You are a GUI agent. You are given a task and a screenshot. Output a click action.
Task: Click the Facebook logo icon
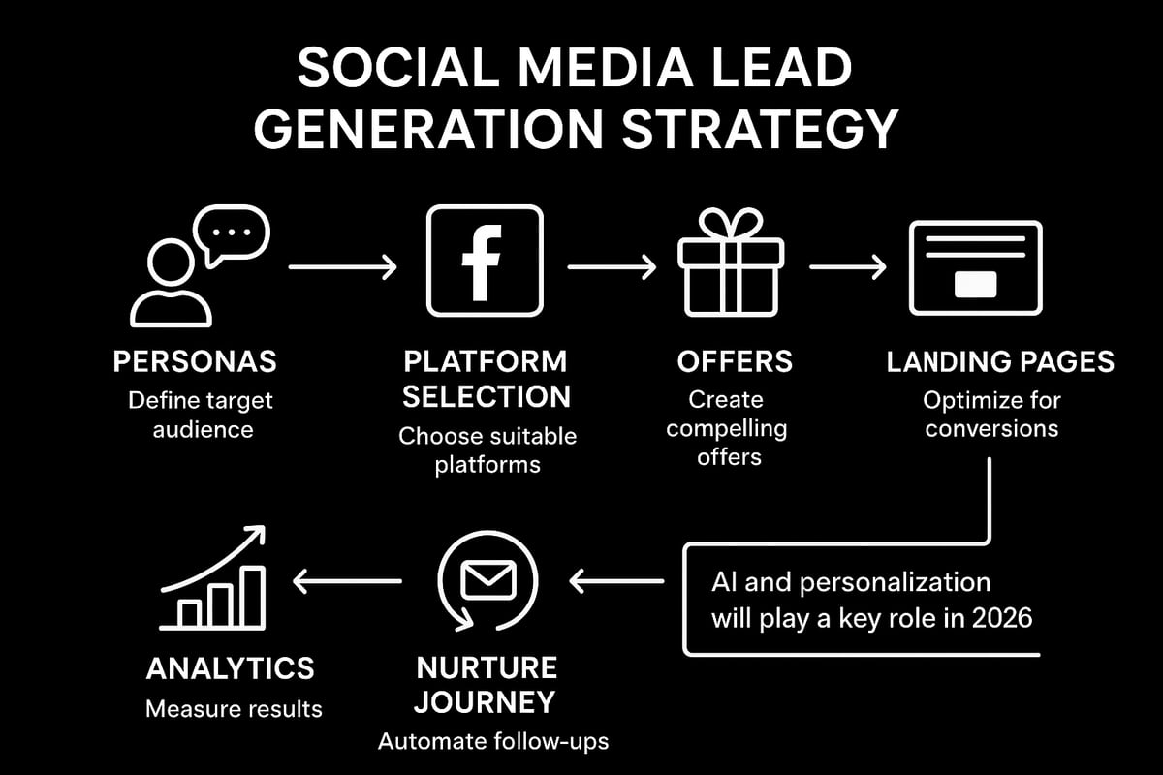point(485,260)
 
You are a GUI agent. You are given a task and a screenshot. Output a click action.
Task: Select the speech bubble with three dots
point(231,235)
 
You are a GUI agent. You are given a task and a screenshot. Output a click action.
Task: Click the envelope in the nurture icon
point(487,580)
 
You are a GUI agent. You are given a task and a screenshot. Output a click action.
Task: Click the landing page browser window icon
point(974,266)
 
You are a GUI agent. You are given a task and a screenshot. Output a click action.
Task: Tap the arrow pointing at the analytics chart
point(347,581)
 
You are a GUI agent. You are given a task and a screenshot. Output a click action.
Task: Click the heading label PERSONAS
point(195,362)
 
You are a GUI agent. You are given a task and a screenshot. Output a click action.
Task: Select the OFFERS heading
point(735,362)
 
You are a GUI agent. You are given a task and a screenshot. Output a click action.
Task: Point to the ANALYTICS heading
point(230,668)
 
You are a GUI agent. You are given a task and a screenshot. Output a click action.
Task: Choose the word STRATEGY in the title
point(757,131)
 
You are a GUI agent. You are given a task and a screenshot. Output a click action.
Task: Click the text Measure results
point(234,709)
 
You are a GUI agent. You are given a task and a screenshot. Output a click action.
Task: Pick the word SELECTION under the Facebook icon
point(487,396)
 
